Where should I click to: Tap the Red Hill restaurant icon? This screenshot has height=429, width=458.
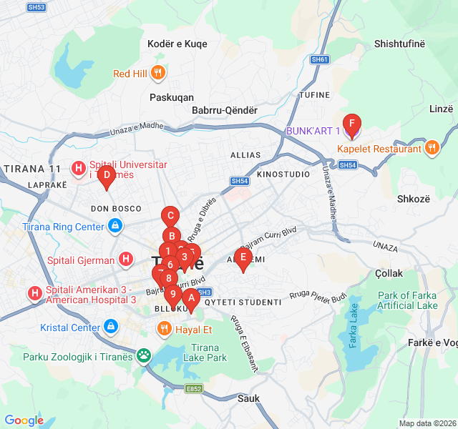click(159, 73)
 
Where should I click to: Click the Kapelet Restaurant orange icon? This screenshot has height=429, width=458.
click(432, 149)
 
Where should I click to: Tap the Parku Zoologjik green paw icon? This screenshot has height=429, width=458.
click(144, 355)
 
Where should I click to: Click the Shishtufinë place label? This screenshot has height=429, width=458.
click(399, 44)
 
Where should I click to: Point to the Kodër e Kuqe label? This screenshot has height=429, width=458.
click(177, 44)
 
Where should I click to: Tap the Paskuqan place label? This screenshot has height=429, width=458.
click(172, 97)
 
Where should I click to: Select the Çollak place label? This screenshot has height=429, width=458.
click(389, 273)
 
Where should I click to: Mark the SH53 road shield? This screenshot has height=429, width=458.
click(36, 7)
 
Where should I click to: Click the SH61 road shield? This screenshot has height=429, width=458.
click(320, 59)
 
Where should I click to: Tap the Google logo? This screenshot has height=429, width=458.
click(24, 420)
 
